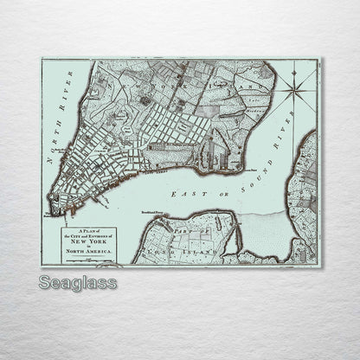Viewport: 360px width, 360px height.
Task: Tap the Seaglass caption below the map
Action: (78, 283)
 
